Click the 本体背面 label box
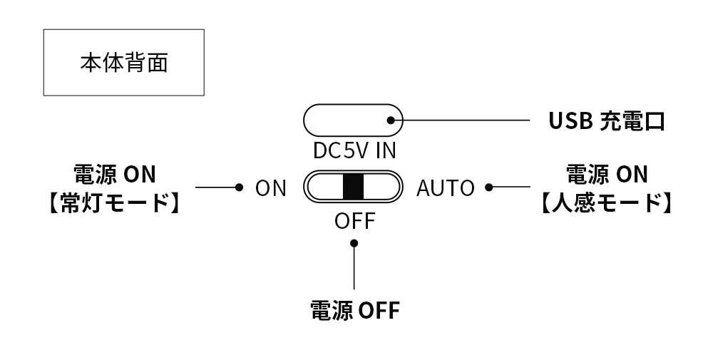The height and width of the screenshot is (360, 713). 124,63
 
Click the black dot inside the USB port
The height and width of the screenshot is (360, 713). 390,120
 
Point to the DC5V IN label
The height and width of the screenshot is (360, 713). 354,151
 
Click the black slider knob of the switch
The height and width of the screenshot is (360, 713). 353,187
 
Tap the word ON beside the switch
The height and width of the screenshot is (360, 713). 271,188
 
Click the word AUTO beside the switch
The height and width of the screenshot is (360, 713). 446,188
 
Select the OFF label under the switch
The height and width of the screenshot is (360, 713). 354,222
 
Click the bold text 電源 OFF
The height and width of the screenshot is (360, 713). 354,311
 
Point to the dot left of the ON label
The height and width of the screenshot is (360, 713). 240,187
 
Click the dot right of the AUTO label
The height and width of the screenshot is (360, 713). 488,187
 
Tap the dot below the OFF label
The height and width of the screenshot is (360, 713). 354,244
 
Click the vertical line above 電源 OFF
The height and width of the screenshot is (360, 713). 354,271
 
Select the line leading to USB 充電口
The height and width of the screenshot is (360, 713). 463,120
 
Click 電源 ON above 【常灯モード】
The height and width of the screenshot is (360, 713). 114,174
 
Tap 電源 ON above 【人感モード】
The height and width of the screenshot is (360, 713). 606,174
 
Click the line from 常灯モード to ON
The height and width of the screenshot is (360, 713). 216,187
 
